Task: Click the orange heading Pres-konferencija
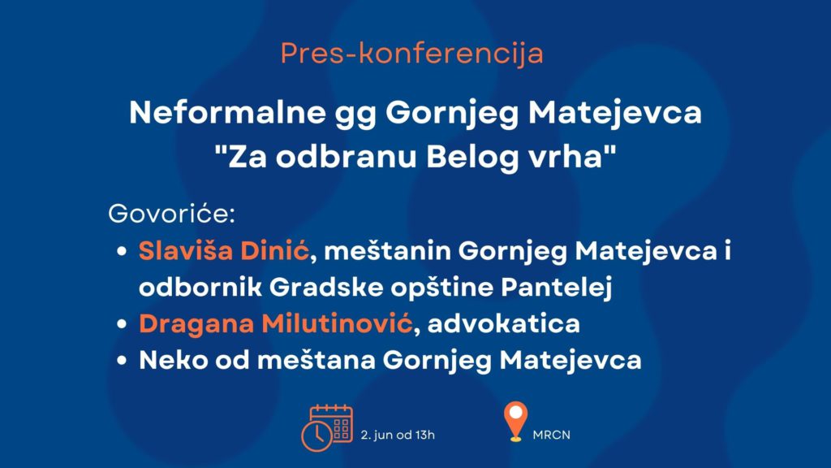[411, 54]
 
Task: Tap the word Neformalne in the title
[227, 112]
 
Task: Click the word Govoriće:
[172, 214]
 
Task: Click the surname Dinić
[274, 250]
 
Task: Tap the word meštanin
[387, 250]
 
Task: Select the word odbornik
[200, 287]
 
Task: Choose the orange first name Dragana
[196, 324]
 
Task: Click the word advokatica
[503, 323]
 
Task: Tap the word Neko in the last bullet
[174, 360]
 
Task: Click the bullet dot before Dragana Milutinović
[122, 323]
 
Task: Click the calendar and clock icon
[327, 427]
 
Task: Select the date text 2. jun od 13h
[398, 435]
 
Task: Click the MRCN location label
[552, 435]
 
